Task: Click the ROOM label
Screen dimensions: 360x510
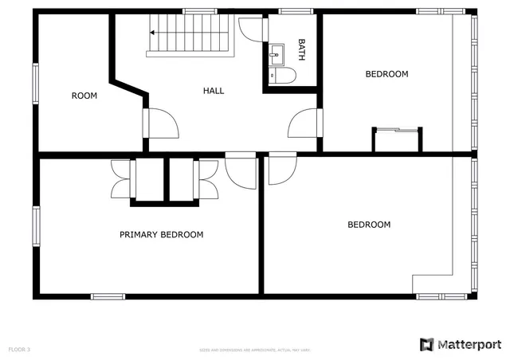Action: tap(84, 96)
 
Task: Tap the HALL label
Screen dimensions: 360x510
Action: tap(214, 91)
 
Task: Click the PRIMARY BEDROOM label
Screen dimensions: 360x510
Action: tap(161, 235)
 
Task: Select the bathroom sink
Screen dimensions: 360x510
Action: tap(278, 53)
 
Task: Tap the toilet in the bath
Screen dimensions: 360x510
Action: tap(284, 75)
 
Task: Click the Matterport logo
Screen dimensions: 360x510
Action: tap(460, 343)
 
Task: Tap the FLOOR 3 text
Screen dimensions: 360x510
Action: tap(19, 350)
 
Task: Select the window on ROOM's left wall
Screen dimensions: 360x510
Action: tap(35, 84)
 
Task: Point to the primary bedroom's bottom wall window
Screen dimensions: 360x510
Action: tap(108, 297)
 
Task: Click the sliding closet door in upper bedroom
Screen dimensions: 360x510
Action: tap(396, 130)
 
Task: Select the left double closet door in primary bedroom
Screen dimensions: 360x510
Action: tap(121, 178)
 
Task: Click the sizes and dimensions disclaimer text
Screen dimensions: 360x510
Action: tap(255, 350)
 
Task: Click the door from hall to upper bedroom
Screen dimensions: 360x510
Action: tap(306, 125)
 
